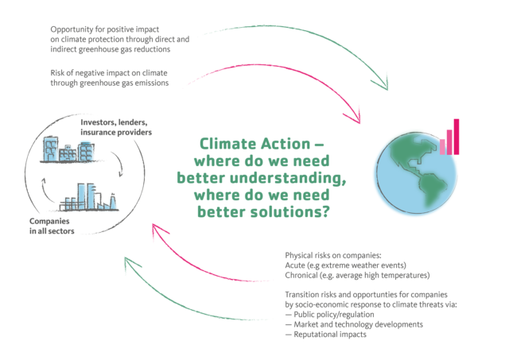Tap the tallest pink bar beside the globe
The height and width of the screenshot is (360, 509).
pos(457,136)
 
